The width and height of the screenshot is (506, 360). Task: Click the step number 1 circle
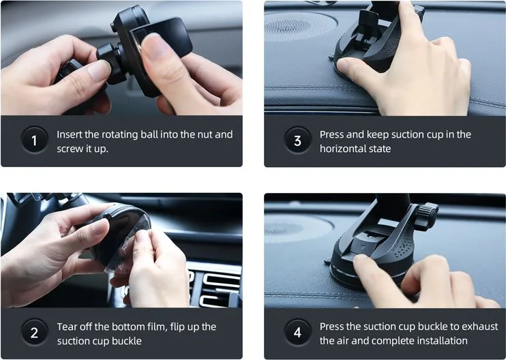point(35,140)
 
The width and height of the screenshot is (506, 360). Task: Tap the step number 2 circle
point(35,332)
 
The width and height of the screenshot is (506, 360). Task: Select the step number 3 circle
point(297,140)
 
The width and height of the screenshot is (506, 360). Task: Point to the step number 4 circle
point(297,332)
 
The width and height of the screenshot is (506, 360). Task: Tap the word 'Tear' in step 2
point(67,327)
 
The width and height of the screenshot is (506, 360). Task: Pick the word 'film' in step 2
point(157,327)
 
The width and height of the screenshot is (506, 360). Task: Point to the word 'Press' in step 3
point(331,134)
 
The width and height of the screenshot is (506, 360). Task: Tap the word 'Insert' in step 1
point(69,134)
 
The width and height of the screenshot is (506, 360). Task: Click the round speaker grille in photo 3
point(299,27)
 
